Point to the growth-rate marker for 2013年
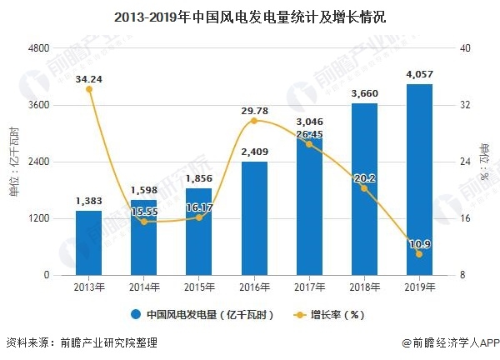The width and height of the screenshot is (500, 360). tap(88, 89)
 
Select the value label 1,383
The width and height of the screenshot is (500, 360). tap(88, 201)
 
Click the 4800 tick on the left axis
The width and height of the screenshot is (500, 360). tap(38, 48)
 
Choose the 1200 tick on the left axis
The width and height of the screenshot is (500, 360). tap(38, 218)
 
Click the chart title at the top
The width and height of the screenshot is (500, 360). tap(250, 16)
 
